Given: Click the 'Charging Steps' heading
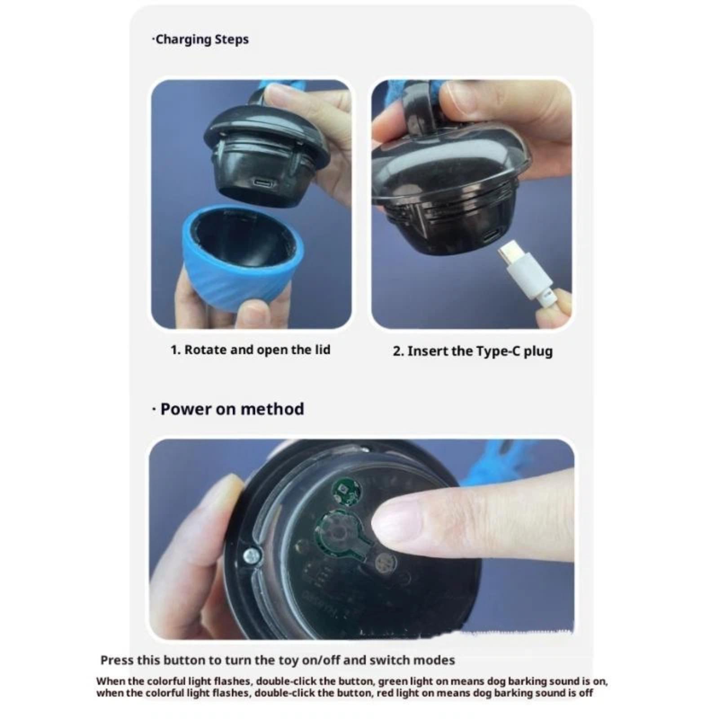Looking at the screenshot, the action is point(202,40).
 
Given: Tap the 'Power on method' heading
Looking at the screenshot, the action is point(232,409).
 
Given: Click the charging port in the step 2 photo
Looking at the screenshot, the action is point(492,235).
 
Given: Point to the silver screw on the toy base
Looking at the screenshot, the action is point(252,556).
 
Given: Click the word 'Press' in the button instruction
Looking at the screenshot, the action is point(117,660).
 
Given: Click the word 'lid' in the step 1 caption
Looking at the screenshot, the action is point(323,350).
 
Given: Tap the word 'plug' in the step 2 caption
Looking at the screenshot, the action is point(538,351).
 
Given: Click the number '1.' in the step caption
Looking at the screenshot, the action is point(176,350).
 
